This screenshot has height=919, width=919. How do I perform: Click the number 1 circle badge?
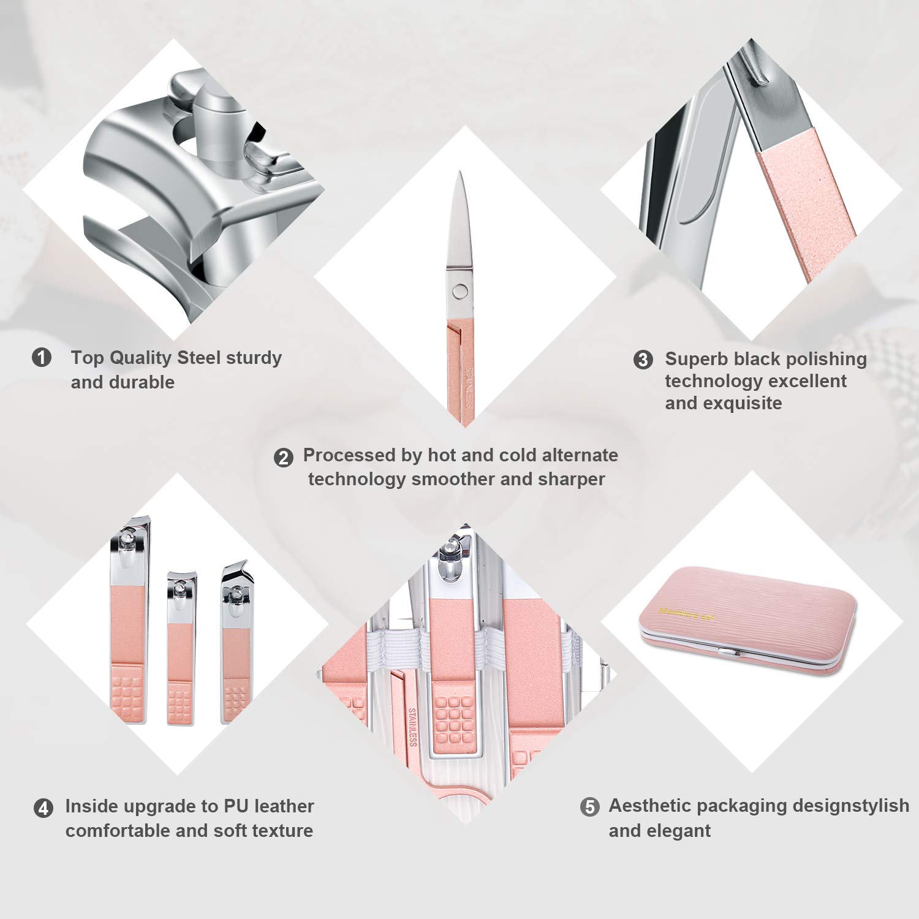coord(42,357)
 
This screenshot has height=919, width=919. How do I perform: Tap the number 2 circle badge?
coord(283,458)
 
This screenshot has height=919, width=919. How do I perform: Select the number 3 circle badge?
coord(643,360)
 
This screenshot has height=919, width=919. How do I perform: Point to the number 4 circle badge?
coord(43,808)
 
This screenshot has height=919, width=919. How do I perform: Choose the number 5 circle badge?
coord(589,807)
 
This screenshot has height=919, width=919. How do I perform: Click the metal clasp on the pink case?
coord(725,652)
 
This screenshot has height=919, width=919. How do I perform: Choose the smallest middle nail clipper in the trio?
coord(181,649)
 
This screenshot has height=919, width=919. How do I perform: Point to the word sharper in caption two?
coord(571,479)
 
